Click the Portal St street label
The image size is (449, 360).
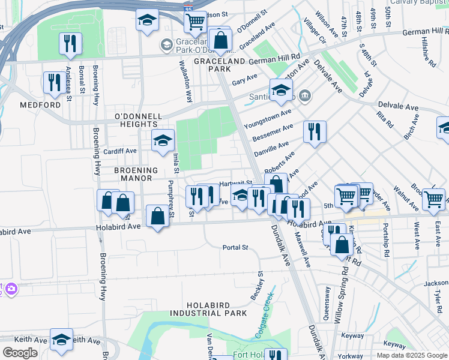(x=235, y=247)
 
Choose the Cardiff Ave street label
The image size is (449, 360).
(x=120, y=151)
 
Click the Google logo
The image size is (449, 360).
(x=20, y=352)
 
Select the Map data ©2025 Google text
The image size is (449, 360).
(x=412, y=355)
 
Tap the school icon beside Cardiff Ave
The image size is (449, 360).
(x=162, y=141)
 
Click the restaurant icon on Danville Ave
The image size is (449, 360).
(x=315, y=131)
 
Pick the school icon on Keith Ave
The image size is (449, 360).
(x=61, y=339)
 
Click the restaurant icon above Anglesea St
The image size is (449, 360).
(x=71, y=44)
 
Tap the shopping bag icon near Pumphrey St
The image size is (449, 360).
(x=157, y=217)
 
